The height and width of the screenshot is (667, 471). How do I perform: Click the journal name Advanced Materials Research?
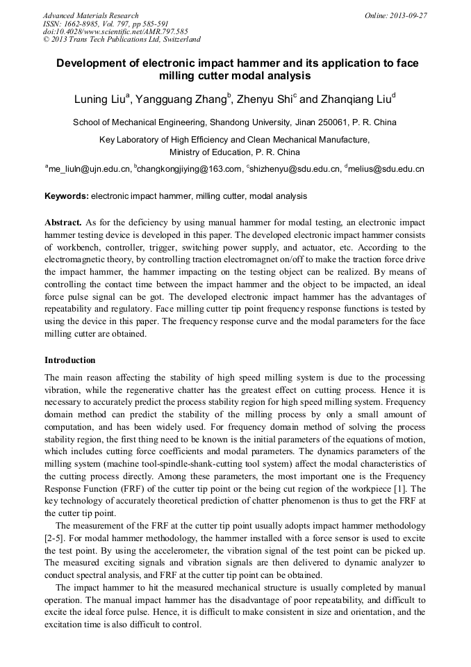(90, 15)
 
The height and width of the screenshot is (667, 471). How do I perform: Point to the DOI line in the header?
(115, 32)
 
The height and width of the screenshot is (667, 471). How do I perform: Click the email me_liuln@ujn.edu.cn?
(90, 168)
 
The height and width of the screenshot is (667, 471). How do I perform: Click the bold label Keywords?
(67, 196)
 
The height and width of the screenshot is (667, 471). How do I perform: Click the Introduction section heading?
(70, 360)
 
